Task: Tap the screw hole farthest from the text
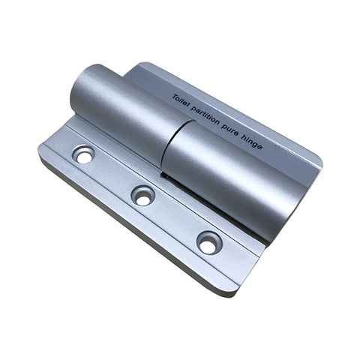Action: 83,155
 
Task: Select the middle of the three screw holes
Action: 142,196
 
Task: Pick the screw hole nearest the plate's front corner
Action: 209,242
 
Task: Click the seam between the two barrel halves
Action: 168,147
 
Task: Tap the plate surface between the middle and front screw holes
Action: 176,219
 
